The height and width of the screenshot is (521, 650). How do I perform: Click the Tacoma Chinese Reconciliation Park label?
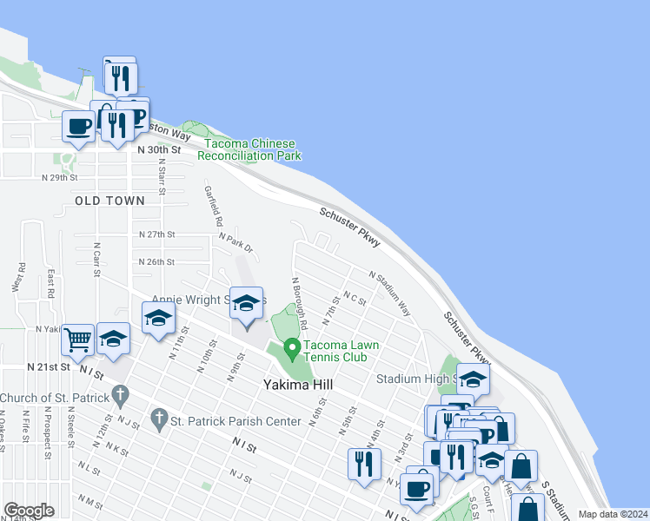[x=249, y=149]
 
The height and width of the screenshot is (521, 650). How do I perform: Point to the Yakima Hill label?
[x=300, y=384]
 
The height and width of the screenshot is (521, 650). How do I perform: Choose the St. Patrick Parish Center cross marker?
[x=158, y=421]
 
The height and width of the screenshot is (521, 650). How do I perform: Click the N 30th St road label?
[x=159, y=149]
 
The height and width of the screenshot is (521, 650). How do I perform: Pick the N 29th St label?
[x=60, y=177]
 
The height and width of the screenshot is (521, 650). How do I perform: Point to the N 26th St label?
[x=156, y=261]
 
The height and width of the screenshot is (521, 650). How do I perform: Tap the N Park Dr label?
[x=235, y=242]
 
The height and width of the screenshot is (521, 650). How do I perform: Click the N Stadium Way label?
[x=388, y=293]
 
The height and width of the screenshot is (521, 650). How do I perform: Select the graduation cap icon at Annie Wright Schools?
[x=246, y=303]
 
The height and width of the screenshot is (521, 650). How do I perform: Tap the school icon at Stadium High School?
[x=473, y=379]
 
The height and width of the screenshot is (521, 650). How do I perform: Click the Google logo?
[x=29, y=511]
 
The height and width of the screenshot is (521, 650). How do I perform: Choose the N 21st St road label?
[x=48, y=367]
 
